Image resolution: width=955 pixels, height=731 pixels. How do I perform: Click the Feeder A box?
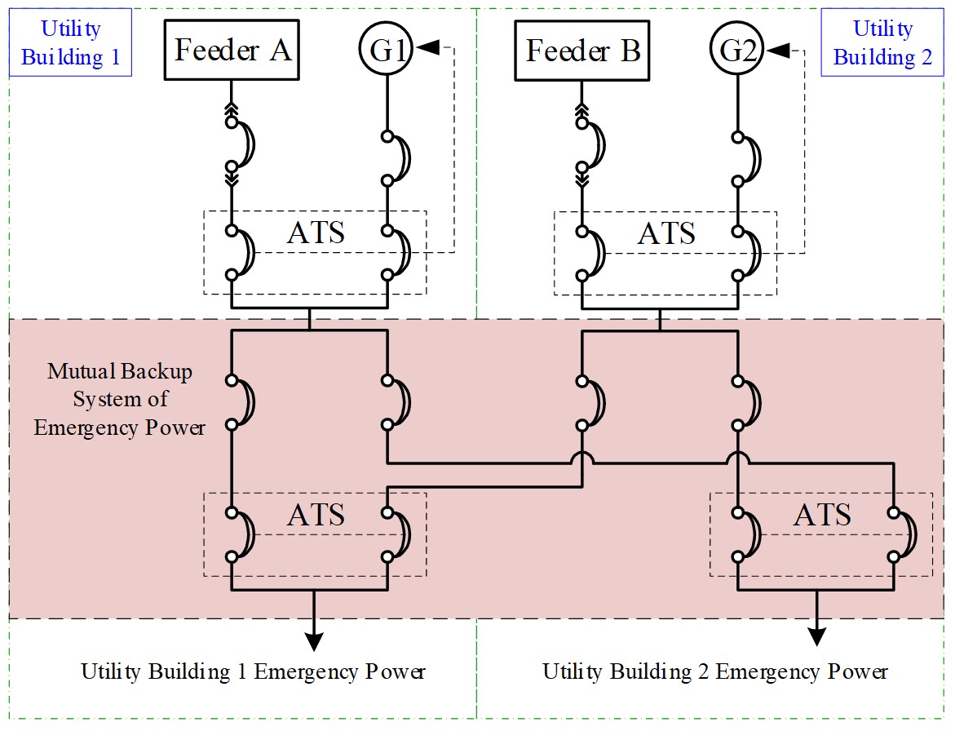coord(232,51)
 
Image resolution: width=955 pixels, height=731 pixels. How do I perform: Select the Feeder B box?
coord(582,51)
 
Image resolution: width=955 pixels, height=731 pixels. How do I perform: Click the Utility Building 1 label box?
coord(71,42)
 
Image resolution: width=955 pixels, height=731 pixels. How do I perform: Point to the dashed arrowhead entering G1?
coord(427,51)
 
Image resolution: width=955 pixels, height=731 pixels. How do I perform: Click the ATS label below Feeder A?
coord(316,233)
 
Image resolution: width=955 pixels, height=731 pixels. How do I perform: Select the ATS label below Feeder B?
coord(666,233)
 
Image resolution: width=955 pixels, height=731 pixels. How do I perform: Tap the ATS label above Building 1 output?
coord(316,515)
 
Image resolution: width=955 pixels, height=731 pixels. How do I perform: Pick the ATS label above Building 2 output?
coord(822,515)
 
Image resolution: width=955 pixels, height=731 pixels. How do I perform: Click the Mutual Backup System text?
coord(120,400)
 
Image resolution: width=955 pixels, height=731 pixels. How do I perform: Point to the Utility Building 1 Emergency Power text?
coord(253,671)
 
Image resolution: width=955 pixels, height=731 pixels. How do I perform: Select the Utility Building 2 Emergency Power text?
coord(714,671)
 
